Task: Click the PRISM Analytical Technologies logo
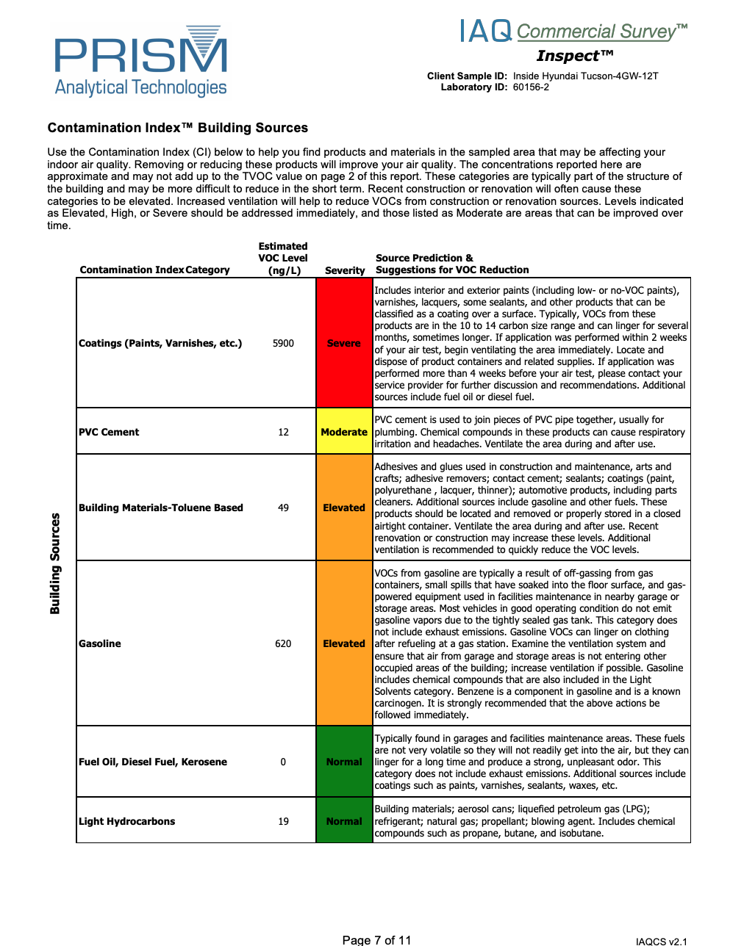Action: point(140,62)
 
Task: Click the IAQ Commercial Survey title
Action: point(573,32)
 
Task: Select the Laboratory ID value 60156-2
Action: point(531,87)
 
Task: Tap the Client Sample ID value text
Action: point(585,76)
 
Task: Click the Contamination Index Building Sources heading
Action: point(177,128)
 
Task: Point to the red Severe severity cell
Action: point(344,343)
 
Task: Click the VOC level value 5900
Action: point(283,343)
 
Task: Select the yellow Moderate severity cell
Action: point(344,432)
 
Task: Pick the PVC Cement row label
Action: point(109,432)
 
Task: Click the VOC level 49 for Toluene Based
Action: point(283,508)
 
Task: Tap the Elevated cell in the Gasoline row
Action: point(344,643)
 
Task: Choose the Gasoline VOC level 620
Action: point(283,643)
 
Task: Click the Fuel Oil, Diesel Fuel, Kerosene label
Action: point(153,762)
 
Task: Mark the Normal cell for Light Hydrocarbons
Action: point(344,821)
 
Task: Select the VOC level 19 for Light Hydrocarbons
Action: point(283,821)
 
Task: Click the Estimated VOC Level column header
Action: point(283,258)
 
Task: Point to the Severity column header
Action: point(345,270)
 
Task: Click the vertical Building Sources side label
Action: point(55,563)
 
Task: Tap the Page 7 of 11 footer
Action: point(376,940)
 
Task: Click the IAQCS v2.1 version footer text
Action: point(661,941)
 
